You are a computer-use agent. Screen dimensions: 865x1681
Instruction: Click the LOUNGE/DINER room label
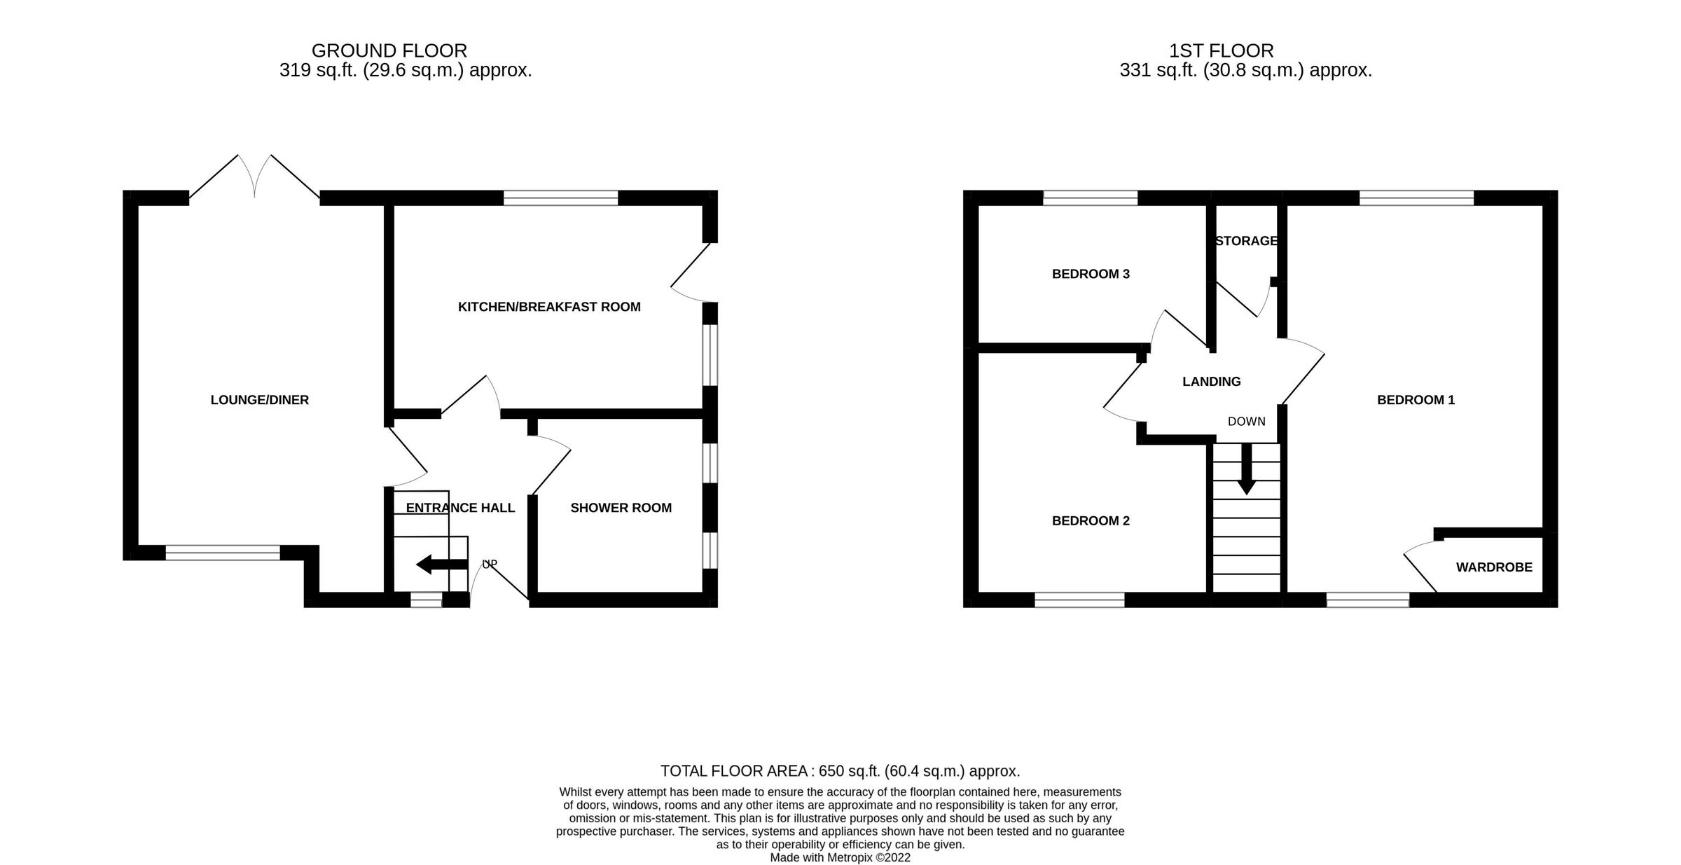pos(259,400)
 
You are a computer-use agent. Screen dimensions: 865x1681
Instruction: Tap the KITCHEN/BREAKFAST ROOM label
pos(549,307)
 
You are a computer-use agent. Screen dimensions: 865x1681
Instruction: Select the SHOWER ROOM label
pos(621,508)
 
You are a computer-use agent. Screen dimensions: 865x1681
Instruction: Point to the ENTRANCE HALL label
pos(460,508)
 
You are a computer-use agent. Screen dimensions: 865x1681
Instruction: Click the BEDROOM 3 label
pos(1091,274)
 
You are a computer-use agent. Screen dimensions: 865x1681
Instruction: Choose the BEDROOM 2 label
pos(1091,520)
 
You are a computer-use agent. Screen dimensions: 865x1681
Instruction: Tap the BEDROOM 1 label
pos(1416,400)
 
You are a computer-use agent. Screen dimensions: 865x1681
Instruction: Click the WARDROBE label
pos(1494,567)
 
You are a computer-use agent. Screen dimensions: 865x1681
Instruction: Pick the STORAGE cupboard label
pos(1246,241)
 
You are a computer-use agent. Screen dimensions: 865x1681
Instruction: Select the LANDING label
pos(1211,382)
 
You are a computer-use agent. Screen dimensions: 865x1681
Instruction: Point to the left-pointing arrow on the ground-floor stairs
pos(440,564)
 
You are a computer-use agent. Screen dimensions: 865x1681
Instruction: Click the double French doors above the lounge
pos(255,179)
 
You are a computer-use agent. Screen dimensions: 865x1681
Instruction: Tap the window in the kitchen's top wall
pos(560,198)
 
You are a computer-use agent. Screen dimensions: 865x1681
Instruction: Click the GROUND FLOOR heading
pos(389,50)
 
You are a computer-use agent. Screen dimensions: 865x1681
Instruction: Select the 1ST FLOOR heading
pos(1221,50)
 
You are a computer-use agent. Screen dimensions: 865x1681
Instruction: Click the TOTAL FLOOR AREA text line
pos(840,771)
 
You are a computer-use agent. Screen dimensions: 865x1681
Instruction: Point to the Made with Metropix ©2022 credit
pos(840,857)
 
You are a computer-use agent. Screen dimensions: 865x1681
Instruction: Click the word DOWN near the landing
pos(1246,422)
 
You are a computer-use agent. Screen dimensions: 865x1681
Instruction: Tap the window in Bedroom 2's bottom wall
pos(1079,600)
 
